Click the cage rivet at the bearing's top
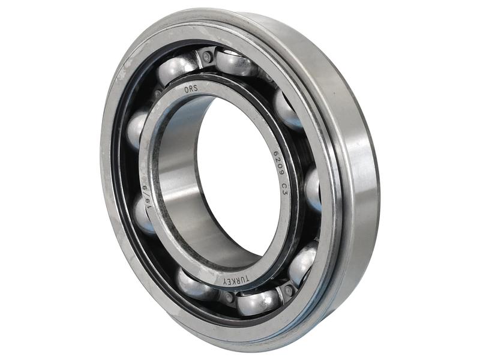(207, 58)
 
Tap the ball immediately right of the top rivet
(235, 62)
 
